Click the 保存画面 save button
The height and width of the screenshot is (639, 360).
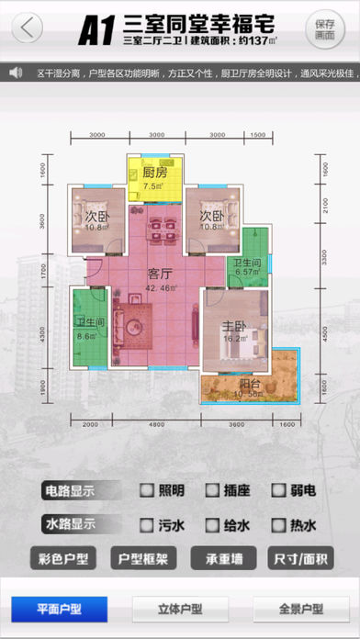click(x=324, y=28)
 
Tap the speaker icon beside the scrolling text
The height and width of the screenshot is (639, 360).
click(x=16, y=72)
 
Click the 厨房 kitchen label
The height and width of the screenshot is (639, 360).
click(x=153, y=172)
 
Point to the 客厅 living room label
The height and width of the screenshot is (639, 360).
click(x=162, y=273)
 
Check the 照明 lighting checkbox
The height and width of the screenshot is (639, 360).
click(x=146, y=491)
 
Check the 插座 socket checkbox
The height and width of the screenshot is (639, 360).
click(x=212, y=491)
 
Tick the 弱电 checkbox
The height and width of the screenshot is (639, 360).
click(x=278, y=491)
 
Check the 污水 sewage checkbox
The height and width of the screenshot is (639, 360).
click(x=146, y=526)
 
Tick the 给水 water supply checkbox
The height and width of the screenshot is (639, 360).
click(x=212, y=526)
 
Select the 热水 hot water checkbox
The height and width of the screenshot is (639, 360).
click(x=278, y=526)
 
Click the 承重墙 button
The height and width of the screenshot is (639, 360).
click(x=223, y=558)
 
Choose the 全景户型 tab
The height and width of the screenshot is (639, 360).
click(x=299, y=609)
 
